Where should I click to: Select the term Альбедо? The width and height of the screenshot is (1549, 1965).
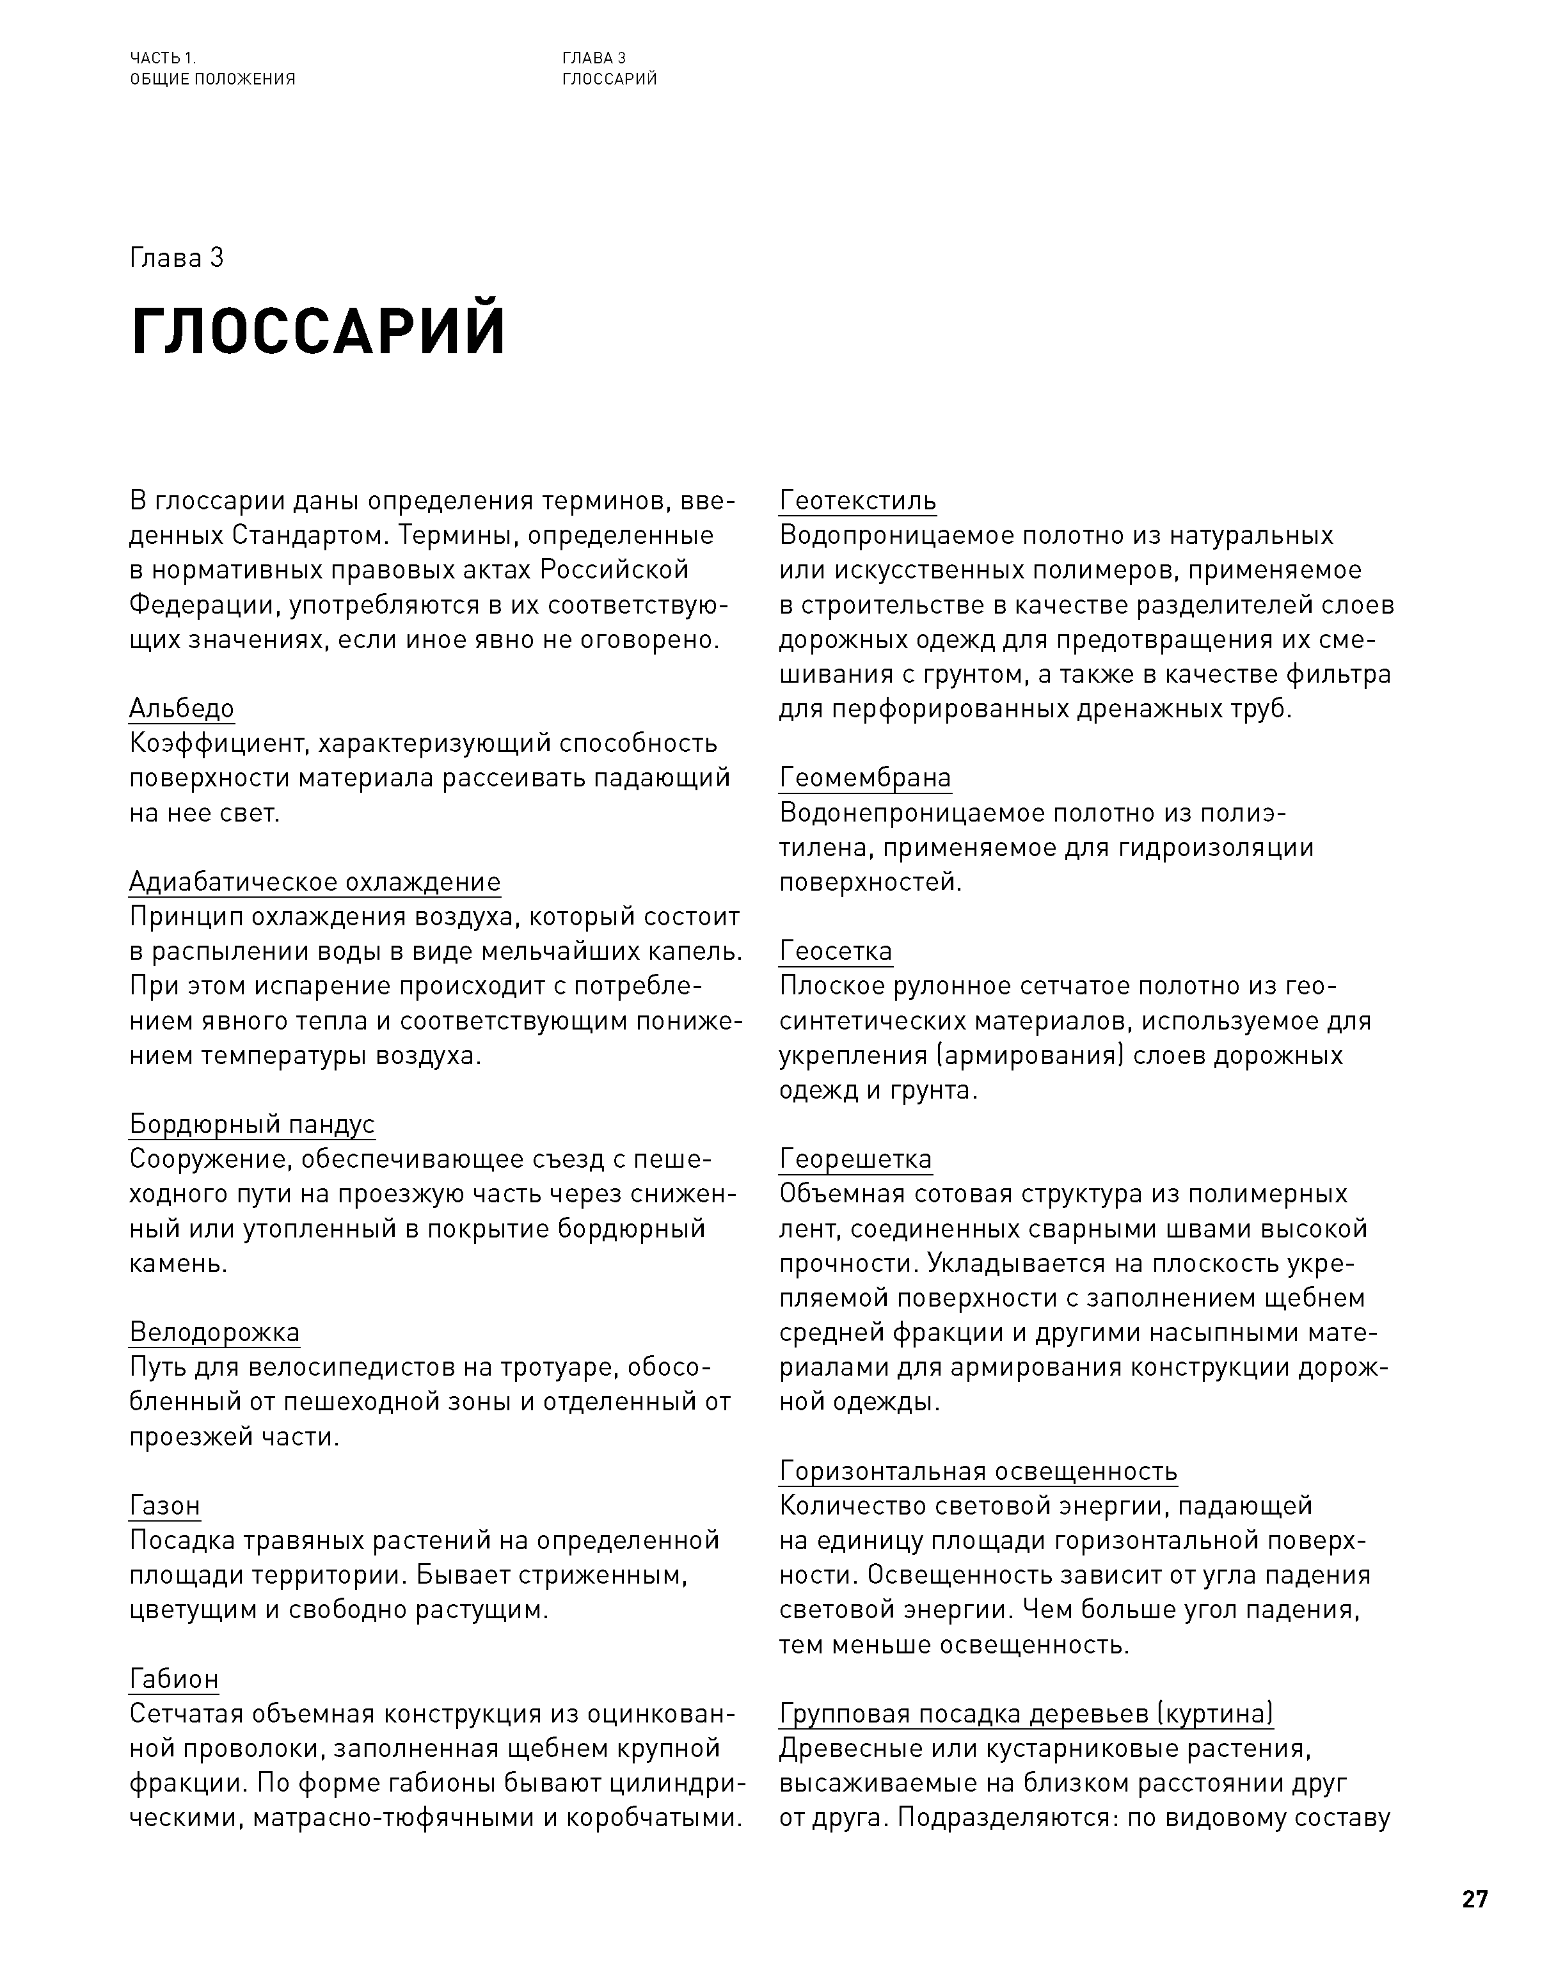click(181, 708)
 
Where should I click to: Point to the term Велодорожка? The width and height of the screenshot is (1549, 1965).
click(214, 1332)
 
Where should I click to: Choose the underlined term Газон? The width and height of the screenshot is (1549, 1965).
click(164, 1505)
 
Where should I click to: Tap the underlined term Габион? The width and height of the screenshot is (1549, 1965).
click(174, 1680)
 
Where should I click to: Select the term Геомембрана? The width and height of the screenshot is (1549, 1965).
click(865, 778)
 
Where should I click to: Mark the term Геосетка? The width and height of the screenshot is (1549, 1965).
click(835, 951)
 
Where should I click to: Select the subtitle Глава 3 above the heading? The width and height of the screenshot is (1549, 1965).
click(176, 259)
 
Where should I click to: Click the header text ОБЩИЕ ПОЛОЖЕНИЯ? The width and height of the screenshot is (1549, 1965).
click(212, 79)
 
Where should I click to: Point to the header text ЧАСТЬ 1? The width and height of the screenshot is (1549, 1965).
click(163, 58)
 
